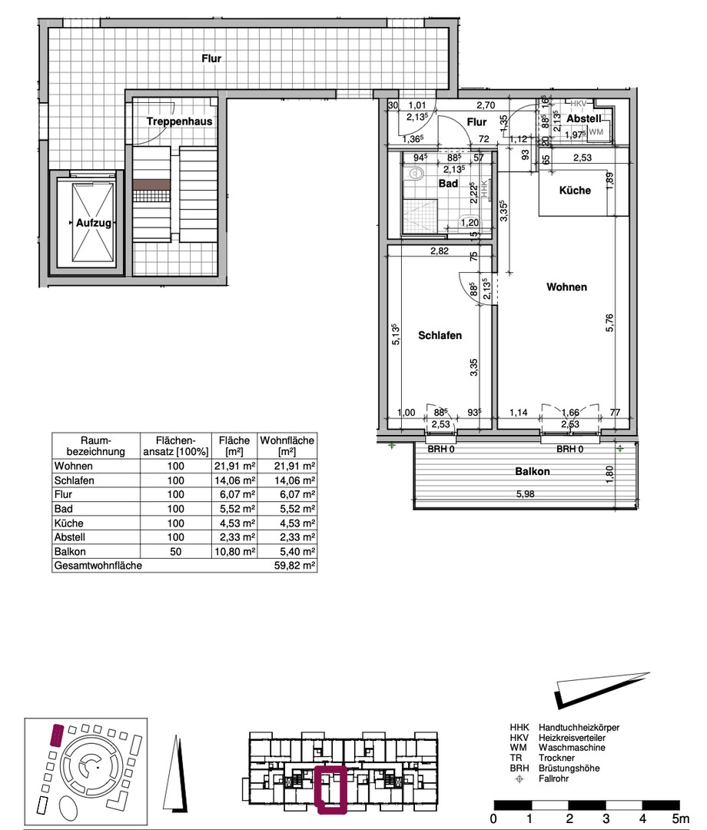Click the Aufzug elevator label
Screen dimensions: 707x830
94,223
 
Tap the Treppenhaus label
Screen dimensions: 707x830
179,121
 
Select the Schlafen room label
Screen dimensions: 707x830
440,335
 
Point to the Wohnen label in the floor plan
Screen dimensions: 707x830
567,287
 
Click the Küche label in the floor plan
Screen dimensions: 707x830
576,190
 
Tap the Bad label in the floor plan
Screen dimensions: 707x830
448,184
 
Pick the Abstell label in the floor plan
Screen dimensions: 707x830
584,118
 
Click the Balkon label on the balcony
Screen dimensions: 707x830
533,471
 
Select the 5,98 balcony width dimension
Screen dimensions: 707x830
526,494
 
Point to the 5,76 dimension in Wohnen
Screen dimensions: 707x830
609,323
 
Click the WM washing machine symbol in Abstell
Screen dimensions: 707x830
596,132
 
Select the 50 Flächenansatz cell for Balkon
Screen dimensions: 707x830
176,552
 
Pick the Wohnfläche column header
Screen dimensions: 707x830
287,446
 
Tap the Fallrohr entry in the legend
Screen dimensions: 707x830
553,779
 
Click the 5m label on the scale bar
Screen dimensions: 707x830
681,819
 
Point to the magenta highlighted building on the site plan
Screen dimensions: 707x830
56,735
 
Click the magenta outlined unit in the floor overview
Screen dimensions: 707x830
330,789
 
